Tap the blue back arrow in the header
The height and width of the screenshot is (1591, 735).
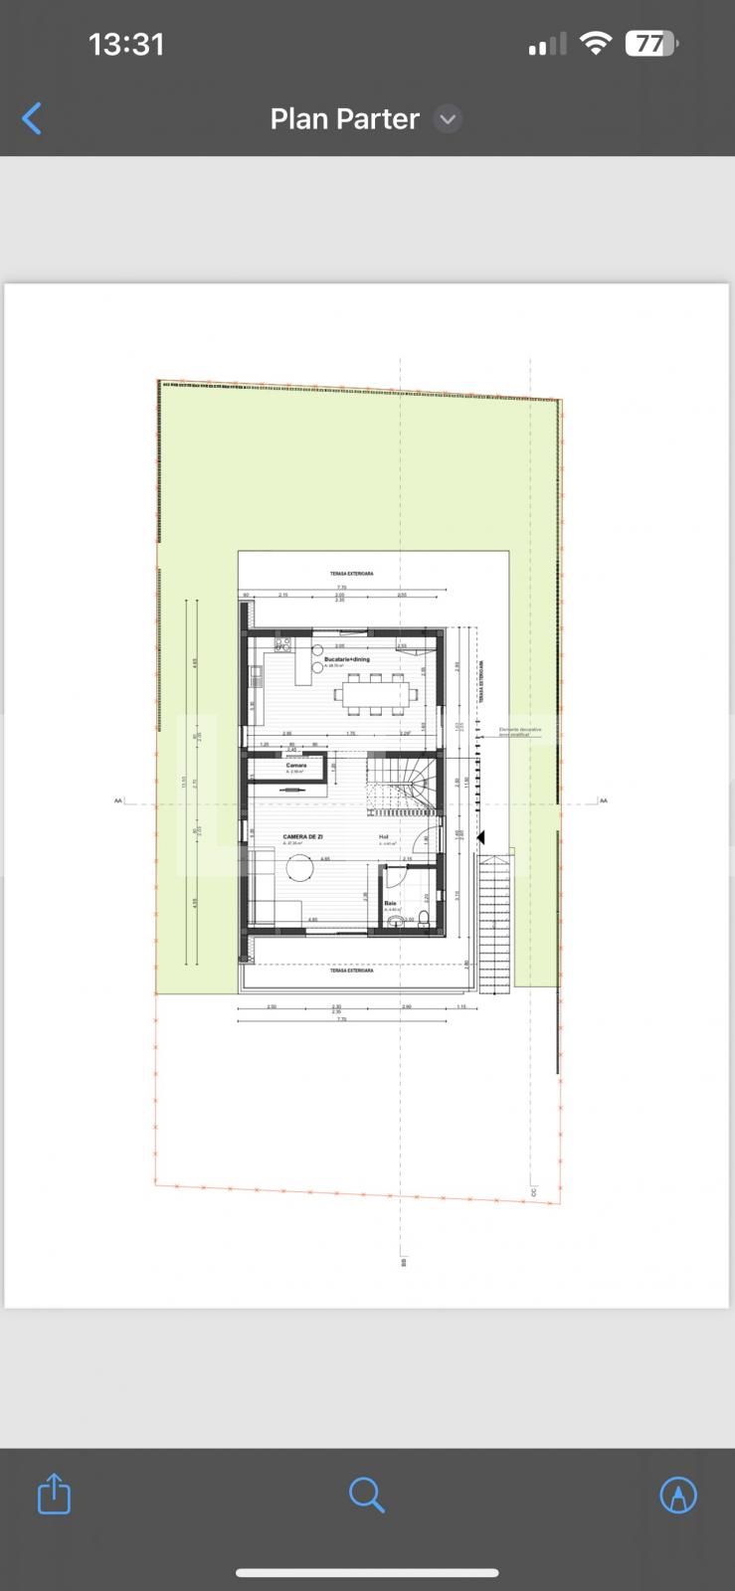tap(32, 118)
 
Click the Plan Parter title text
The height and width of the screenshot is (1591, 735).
tap(344, 119)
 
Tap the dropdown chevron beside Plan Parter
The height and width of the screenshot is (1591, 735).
tap(448, 119)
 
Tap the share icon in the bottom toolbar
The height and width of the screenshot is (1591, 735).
tap(54, 1494)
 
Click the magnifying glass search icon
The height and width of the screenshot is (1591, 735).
tap(366, 1494)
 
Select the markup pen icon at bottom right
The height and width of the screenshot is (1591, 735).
tap(678, 1494)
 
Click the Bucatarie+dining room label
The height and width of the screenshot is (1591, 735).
tap(346, 659)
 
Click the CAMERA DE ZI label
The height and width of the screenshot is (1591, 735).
tap(302, 837)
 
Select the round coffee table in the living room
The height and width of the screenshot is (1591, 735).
tap(299, 869)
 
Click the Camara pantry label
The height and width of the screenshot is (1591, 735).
tap(296, 766)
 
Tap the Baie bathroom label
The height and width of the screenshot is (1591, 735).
tap(390, 903)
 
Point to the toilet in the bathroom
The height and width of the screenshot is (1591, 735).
tap(425, 918)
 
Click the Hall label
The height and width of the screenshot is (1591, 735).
tap(384, 837)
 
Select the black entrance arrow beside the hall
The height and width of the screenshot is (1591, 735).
tap(480, 838)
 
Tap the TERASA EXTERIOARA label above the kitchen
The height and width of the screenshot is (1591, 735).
tap(351, 574)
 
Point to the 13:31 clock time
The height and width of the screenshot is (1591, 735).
tap(126, 44)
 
